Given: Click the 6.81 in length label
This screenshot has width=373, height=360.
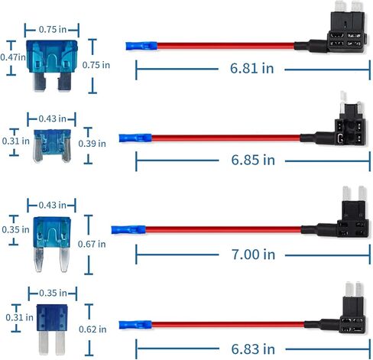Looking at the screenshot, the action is coord(251,68).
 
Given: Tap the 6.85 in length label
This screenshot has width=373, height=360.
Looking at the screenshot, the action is coord(253,160).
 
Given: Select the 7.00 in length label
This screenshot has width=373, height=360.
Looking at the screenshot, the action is coord(253,255).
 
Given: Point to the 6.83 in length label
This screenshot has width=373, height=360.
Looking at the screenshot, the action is coord(253,349).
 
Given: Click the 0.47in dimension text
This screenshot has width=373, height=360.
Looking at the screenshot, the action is coord(13,57).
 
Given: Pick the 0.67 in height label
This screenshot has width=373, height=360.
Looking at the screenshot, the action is coord(92,244).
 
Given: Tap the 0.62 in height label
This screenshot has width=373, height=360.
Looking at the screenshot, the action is coord(92,329).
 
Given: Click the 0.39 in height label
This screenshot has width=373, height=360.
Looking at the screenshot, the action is coord(92,144).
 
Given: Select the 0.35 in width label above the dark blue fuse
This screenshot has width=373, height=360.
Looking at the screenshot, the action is coord(53,293).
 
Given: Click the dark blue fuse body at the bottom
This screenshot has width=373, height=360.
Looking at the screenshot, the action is coord(52,318).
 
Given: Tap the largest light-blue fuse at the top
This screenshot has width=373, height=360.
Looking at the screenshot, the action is coord(52,65).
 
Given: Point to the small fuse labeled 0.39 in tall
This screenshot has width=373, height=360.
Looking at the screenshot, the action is coord(52,146).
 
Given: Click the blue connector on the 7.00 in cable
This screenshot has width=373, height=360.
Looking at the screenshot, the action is coord(128,230).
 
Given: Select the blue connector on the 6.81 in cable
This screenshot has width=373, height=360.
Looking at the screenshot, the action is coord(141,46).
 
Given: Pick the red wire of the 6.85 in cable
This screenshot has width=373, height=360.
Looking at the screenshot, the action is coord(225,138).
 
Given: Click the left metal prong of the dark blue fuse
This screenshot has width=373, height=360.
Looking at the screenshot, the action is coord(44,342).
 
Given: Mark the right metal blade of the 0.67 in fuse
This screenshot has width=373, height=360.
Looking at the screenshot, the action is coord(64,260).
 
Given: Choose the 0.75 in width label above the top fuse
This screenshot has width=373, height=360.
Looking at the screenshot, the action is coord(53,30).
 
